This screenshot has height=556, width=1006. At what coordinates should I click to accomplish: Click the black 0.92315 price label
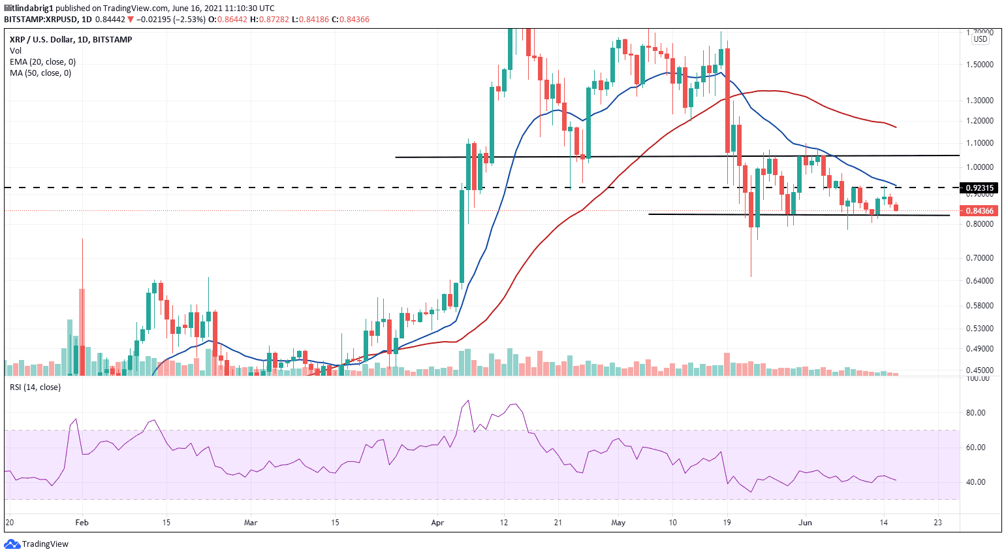coord(979,188)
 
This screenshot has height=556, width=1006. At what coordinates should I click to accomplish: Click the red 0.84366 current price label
coord(979,211)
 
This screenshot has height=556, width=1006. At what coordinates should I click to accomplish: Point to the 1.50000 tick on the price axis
coord(979,65)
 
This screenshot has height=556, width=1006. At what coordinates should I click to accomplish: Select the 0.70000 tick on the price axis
coord(979,258)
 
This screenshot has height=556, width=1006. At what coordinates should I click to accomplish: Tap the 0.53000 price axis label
coord(979,329)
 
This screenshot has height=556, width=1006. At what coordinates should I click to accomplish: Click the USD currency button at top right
coord(980,39)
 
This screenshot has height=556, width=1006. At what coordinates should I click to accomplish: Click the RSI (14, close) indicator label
coord(35,387)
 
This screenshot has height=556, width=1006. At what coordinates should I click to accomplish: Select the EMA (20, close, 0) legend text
coord(42,62)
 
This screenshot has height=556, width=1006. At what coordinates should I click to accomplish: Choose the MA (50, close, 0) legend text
coord(40,73)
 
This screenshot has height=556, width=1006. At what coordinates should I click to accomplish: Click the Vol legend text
coord(16,51)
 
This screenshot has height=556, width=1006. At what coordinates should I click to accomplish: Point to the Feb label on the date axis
coord(82,523)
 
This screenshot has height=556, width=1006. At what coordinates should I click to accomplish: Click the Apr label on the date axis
coord(437,523)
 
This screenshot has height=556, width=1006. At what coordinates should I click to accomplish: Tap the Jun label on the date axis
coord(806,523)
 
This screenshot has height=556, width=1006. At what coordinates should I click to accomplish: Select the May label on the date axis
coord(618,523)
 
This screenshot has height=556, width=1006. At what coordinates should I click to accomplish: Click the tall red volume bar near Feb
coord(82,333)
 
